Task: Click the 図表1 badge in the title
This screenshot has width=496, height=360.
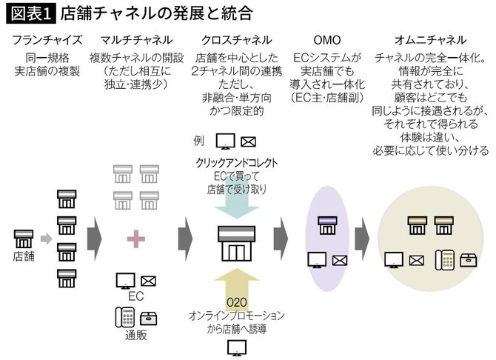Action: (x=27, y=13)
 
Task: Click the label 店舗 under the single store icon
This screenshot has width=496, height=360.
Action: (x=24, y=256)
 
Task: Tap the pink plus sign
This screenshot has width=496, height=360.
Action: (x=135, y=238)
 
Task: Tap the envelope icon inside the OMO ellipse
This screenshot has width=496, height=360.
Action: (x=341, y=260)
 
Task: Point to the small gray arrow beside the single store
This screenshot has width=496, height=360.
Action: (x=45, y=239)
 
